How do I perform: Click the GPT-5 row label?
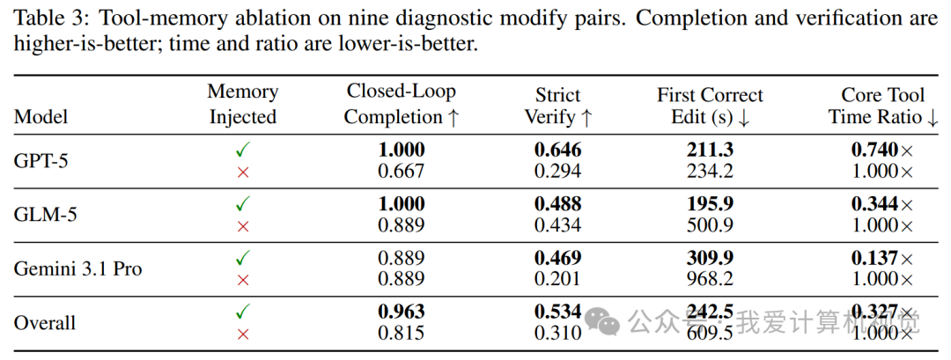click(41, 161)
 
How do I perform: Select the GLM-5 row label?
click(46, 215)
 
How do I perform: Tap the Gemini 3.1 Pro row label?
click(77, 268)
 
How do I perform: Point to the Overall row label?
click(45, 322)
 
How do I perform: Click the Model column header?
click(41, 116)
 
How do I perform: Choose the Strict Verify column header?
click(558, 106)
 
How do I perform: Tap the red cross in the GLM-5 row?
click(243, 226)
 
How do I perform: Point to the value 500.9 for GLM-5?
click(711, 225)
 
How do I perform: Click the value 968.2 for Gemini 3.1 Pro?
click(711, 279)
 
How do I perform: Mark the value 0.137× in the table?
click(882, 258)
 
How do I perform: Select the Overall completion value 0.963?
click(402, 312)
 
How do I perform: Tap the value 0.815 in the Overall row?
click(402, 333)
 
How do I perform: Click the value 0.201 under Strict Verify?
click(558, 279)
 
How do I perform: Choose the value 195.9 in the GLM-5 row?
click(711, 204)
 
